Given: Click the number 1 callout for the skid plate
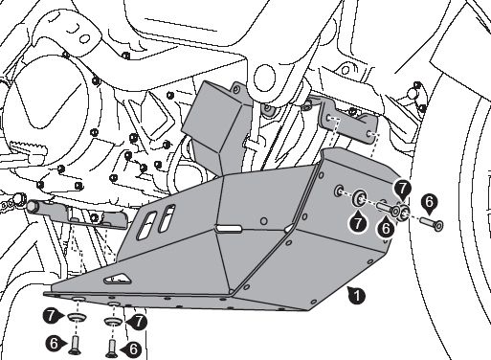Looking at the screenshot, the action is pos(356,295).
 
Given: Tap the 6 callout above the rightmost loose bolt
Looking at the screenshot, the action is pos(430,203).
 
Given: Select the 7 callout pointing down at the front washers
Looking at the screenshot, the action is pos(403,189).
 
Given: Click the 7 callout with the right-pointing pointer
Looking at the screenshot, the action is pos(52,316).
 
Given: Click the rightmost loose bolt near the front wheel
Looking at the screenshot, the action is pos(432,223).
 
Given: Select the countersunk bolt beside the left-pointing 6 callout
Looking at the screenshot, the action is pos(112,348).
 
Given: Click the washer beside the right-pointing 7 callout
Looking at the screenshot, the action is pos(77,317).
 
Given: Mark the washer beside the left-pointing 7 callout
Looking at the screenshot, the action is pos(113,321).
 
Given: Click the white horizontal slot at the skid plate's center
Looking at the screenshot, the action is pos(228,228).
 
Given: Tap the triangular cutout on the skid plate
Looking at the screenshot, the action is pos(117,279).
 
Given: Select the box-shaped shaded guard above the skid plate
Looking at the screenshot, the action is pos(217,127).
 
